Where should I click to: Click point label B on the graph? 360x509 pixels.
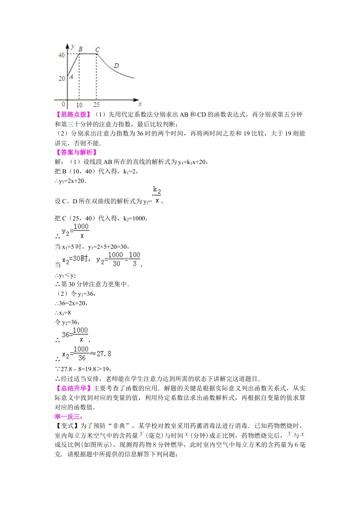(80, 49)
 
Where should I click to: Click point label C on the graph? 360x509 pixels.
(97, 50)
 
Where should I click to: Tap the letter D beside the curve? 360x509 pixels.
(116, 66)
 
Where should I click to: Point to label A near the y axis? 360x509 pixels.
(71, 76)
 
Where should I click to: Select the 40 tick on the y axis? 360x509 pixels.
(61, 55)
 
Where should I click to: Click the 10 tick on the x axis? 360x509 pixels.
(79, 105)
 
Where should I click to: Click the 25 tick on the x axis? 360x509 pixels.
(97, 105)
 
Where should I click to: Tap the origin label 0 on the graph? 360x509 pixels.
(64, 104)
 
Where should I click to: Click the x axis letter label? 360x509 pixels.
(140, 104)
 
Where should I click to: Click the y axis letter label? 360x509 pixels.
(72, 46)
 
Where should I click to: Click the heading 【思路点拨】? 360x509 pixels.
(73, 114)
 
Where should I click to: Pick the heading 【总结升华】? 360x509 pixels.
(73, 388)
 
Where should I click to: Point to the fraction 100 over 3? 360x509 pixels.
(135, 259)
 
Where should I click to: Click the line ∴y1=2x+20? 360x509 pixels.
(70, 181)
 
